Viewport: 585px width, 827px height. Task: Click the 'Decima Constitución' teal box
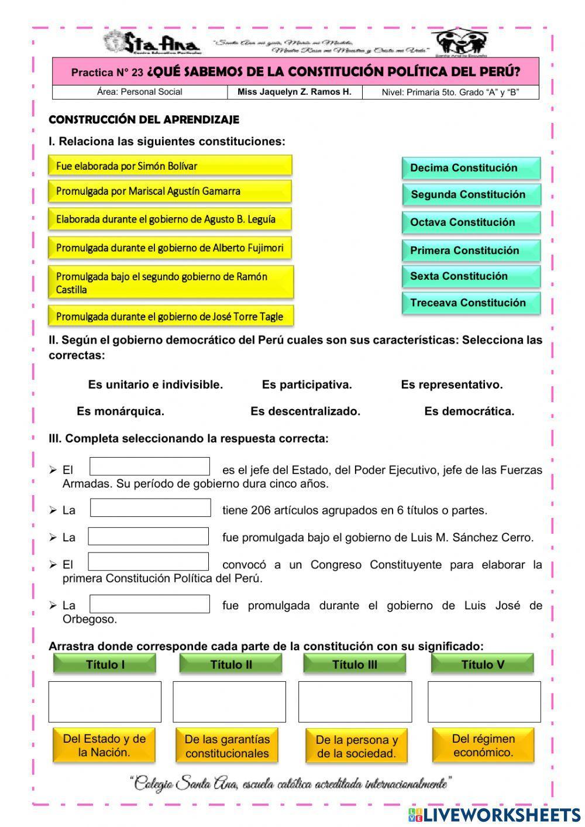coord(471,168)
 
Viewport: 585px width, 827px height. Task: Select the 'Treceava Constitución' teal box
coord(471,303)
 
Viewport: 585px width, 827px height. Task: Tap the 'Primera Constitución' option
coord(471,250)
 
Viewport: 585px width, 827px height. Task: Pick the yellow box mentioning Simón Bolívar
coord(170,166)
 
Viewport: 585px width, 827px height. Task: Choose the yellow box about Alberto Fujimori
coord(170,248)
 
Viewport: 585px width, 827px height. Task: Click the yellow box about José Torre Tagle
coord(170,317)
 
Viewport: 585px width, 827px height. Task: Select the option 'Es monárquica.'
coord(121,411)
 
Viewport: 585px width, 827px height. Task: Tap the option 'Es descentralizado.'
coord(305,411)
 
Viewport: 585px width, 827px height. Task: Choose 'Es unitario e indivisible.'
coord(156,385)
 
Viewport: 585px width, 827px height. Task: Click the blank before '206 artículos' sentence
coord(150,508)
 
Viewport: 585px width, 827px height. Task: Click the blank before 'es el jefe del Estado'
coord(150,467)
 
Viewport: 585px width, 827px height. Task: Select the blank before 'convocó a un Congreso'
coord(149,562)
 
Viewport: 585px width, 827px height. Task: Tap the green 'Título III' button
coord(355,664)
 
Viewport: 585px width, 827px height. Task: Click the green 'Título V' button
coord(483,664)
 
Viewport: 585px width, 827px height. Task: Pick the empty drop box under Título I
coord(105,702)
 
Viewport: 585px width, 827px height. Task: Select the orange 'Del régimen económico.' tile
coord(483,745)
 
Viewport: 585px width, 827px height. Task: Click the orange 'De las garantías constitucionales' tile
coord(227,746)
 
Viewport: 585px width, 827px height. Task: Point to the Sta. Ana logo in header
coord(152,43)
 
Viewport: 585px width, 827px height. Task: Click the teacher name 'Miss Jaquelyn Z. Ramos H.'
coord(294,92)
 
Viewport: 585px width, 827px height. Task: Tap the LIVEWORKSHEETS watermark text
coord(502,814)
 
